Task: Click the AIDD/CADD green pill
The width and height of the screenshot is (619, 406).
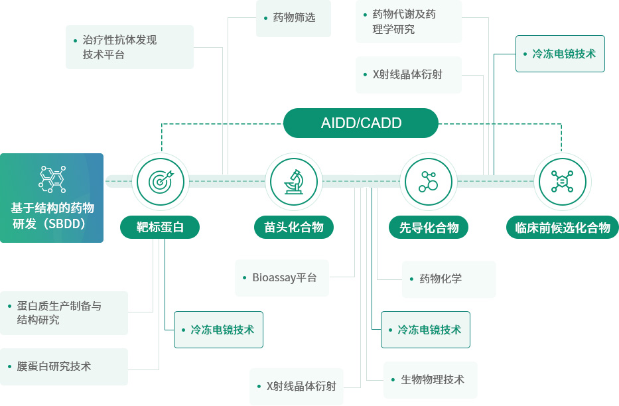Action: [361, 123]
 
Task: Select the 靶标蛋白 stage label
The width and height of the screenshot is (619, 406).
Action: [160, 228]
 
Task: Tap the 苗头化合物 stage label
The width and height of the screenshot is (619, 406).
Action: [294, 228]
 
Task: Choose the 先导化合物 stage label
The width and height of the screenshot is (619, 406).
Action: [429, 228]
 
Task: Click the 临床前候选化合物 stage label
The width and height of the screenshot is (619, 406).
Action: [563, 228]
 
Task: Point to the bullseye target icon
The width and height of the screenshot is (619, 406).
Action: [160, 181]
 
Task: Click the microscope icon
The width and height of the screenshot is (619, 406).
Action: [294, 181]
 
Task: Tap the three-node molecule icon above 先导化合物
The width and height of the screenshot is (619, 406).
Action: [428, 181]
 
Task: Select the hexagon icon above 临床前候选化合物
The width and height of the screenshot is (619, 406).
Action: [562, 181]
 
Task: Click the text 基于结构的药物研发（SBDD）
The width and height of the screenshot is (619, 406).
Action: [52, 216]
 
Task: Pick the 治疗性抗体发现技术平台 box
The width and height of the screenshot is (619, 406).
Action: [129, 47]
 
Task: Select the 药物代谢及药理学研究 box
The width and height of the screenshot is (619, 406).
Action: [409, 22]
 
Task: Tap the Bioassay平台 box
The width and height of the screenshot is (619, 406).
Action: [282, 278]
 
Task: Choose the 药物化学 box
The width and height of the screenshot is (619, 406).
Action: [448, 279]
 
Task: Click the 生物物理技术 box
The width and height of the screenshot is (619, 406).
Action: [430, 379]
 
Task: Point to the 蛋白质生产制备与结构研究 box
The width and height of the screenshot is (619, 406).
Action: [64, 313]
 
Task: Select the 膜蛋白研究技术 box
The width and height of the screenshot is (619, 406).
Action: [64, 366]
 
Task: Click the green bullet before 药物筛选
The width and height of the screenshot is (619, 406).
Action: [265, 17]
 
